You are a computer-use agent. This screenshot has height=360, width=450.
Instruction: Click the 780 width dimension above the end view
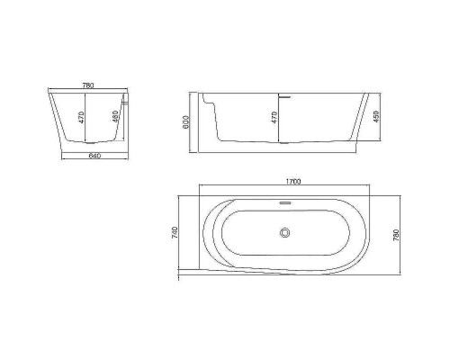coord(88,85)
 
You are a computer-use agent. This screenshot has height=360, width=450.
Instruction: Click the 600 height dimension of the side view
coord(184,120)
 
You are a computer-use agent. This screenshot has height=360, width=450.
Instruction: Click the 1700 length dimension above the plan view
coord(293,182)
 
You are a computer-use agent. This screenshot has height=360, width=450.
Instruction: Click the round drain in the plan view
coord(286,233)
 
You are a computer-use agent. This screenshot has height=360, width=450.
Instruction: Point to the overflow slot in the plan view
coord(286,202)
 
